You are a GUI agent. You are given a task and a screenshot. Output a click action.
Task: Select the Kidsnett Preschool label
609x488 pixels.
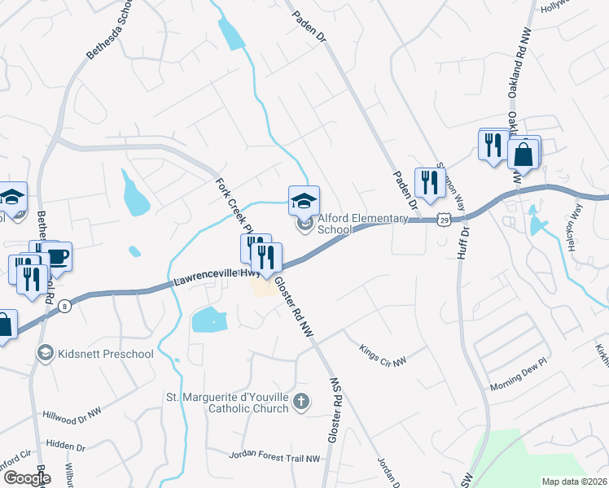(x=106, y=354)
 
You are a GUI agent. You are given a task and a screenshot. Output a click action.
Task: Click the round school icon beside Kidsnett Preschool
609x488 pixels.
(x=46, y=353)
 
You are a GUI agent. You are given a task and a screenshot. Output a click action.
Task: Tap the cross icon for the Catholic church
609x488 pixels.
(x=301, y=401)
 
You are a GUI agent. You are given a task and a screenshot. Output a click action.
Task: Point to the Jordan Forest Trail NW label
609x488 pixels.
(x=274, y=458)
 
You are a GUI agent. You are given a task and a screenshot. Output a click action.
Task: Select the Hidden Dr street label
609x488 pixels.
(x=66, y=447)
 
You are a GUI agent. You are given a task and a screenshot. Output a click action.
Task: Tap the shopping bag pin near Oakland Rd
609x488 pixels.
(x=523, y=153)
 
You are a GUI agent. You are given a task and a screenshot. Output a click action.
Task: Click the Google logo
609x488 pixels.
(x=26, y=478)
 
